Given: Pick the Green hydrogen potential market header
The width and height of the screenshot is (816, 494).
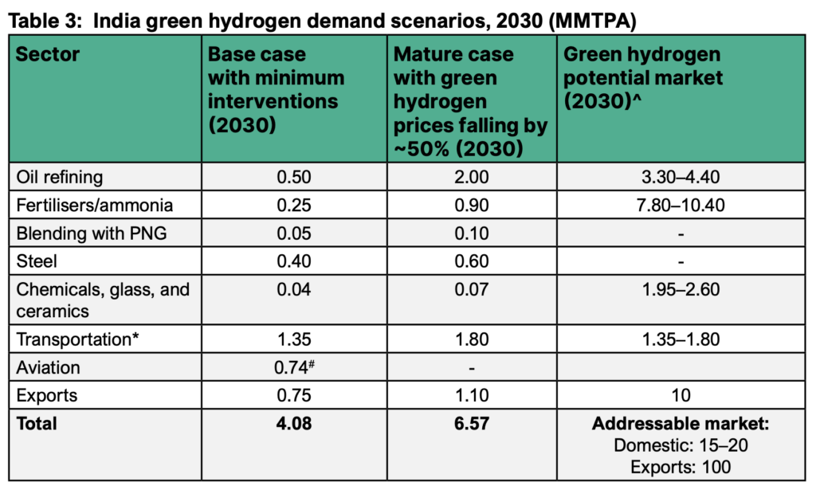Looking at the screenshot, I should click(x=643, y=78).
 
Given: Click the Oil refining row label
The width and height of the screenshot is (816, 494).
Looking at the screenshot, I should click(x=60, y=177).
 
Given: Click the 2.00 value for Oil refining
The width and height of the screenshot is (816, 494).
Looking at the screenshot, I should click(x=473, y=177).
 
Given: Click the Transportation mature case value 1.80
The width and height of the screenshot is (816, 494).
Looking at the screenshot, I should click(x=473, y=339).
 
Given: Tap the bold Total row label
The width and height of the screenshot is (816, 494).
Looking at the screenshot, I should click(x=37, y=423).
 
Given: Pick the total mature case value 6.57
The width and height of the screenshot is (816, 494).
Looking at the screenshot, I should click(x=473, y=423).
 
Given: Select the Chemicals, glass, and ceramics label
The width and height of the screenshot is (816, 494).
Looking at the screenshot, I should click(x=102, y=300).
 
